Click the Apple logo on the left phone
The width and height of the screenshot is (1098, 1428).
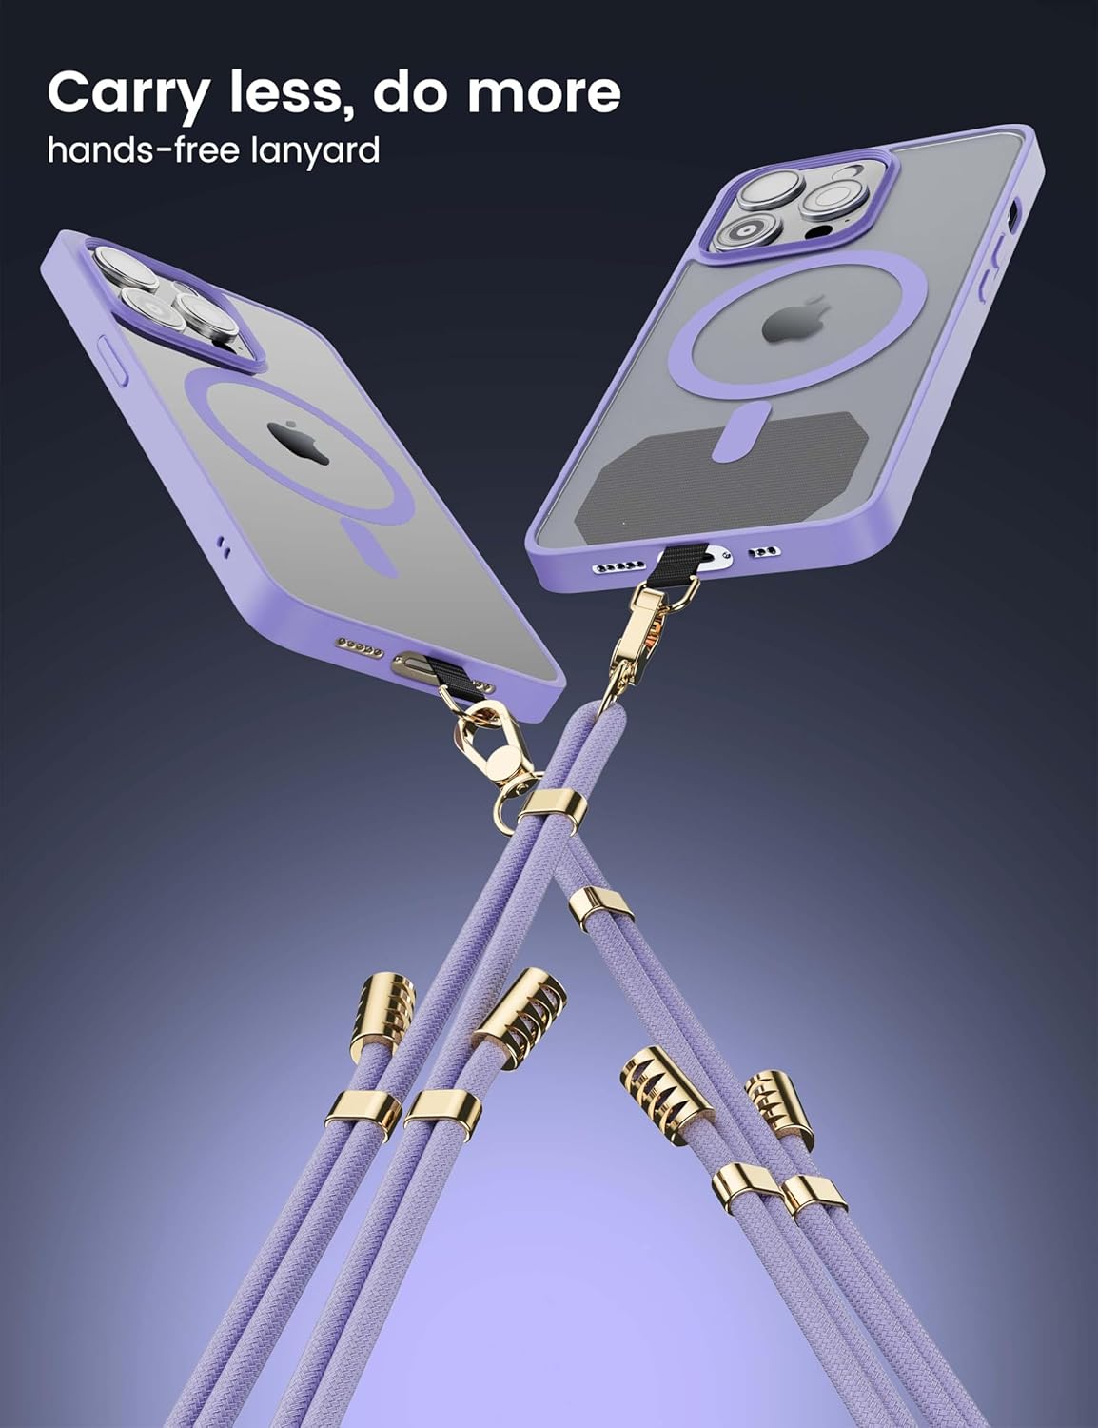299,444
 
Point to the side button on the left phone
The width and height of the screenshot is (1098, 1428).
110,358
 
